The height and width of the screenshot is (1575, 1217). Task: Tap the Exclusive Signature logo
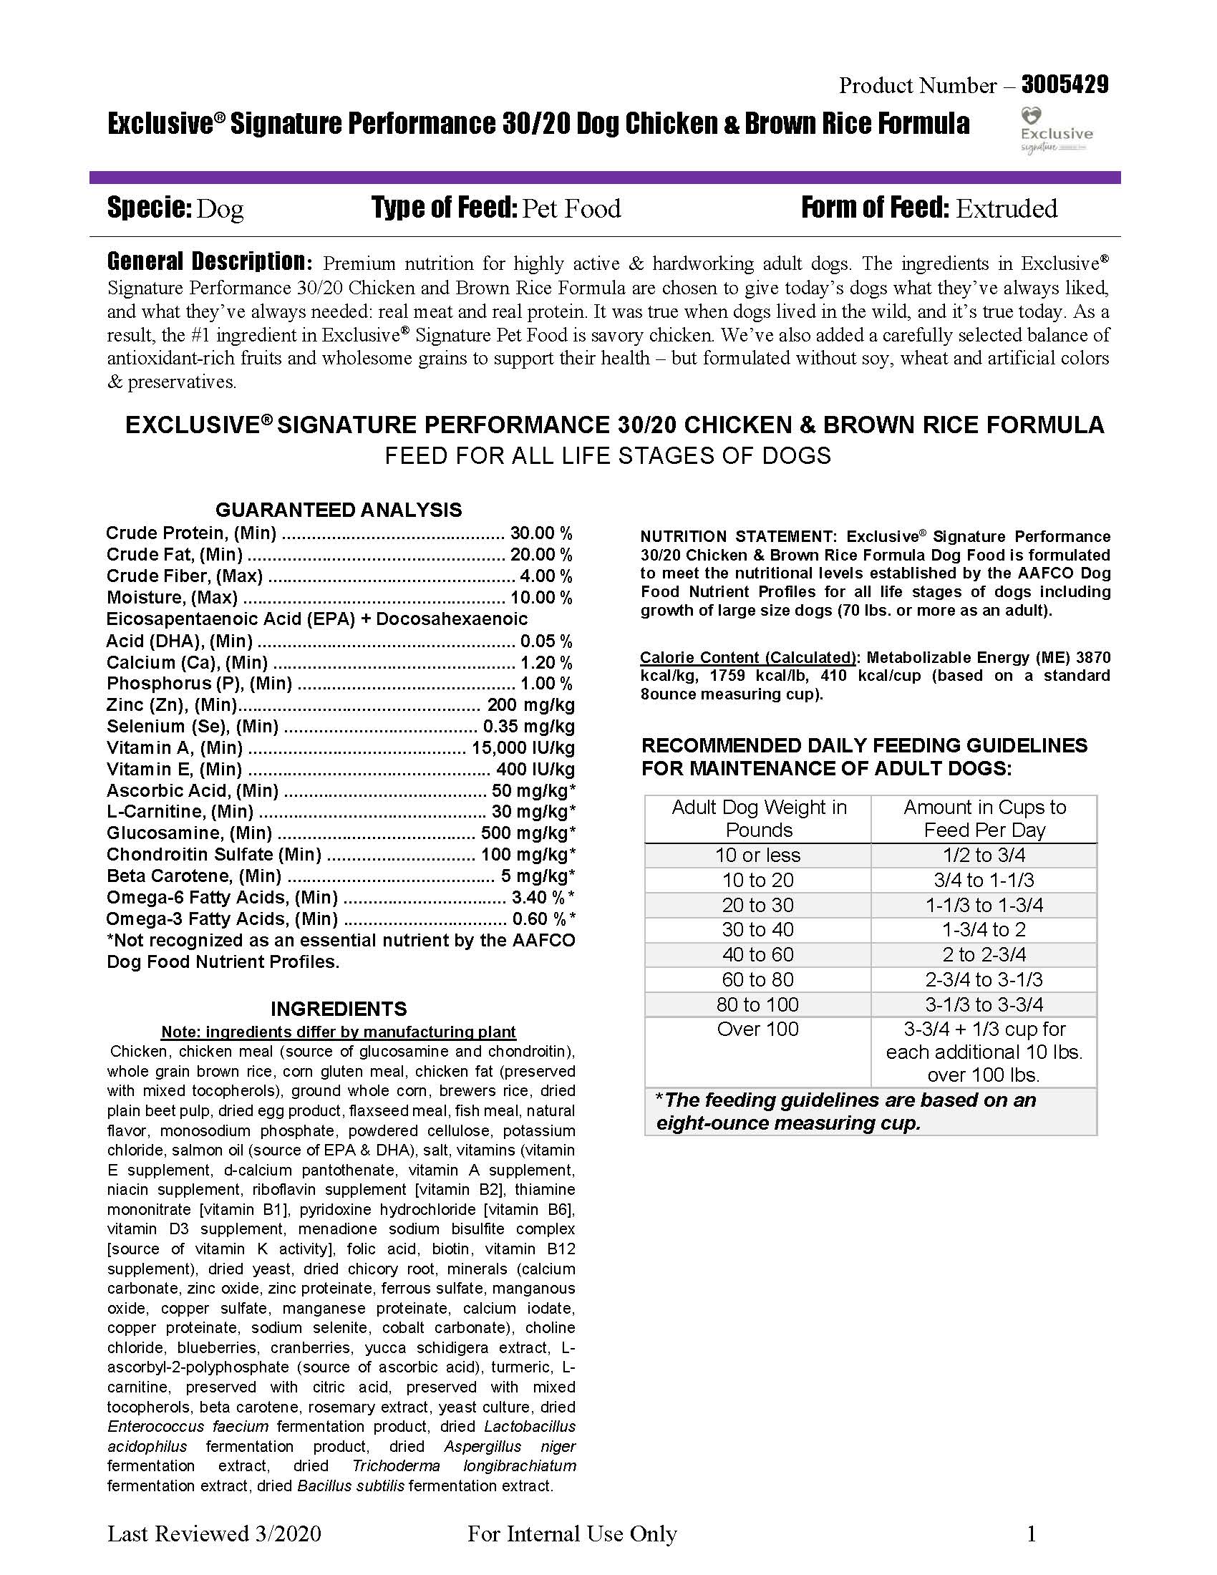(x=1055, y=130)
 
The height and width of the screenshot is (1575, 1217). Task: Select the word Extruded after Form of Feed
(x=1007, y=208)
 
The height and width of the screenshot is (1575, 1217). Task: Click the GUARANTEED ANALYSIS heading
(x=338, y=510)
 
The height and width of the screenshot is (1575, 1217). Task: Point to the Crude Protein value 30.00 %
(x=540, y=533)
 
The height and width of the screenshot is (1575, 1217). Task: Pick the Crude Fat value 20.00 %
(x=540, y=555)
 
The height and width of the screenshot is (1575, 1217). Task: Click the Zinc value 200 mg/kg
(x=530, y=704)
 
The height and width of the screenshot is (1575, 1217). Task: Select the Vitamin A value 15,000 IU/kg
(x=523, y=748)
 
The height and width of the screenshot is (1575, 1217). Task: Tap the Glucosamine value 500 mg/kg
(x=528, y=833)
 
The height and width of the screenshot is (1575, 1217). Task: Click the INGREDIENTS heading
(x=339, y=1008)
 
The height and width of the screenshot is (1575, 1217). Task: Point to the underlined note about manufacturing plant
(x=338, y=1031)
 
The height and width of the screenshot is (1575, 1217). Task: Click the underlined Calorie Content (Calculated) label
(x=747, y=657)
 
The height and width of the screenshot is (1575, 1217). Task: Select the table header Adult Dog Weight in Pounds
(x=758, y=818)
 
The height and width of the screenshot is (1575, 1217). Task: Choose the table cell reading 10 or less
(x=757, y=856)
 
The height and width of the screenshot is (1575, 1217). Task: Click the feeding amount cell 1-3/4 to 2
(x=984, y=929)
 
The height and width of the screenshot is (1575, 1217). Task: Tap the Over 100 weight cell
(x=757, y=1029)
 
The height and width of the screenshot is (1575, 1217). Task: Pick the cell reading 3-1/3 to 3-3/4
(x=984, y=1004)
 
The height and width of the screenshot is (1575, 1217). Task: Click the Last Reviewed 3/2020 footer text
(x=214, y=1534)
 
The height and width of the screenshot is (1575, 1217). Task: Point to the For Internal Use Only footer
(x=572, y=1534)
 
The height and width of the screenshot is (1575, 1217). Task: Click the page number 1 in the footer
(x=1031, y=1534)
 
